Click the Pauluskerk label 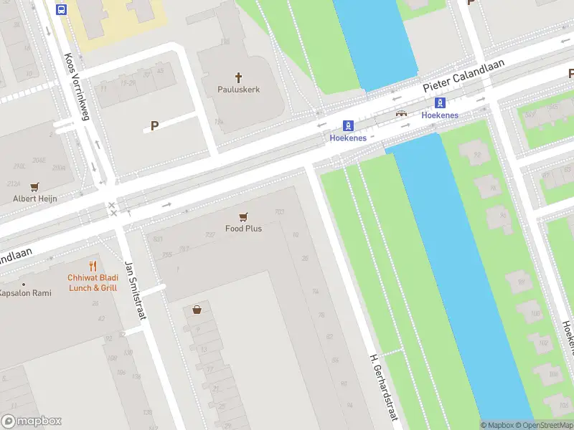coord(239,90)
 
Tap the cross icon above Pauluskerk coord(239,77)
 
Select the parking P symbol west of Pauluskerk coord(154,125)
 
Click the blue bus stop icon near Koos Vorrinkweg coord(61,9)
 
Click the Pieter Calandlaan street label coord(464,75)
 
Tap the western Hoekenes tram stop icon coord(348,125)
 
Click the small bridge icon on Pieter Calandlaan coord(401,113)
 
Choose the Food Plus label coord(243,229)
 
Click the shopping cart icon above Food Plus coord(243,216)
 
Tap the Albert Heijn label coord(34,199)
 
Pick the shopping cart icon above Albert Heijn coord(34,186)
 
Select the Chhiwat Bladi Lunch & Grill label coord(93,282)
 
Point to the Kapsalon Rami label coord(25,293)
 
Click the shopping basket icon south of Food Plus coord(197,310)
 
